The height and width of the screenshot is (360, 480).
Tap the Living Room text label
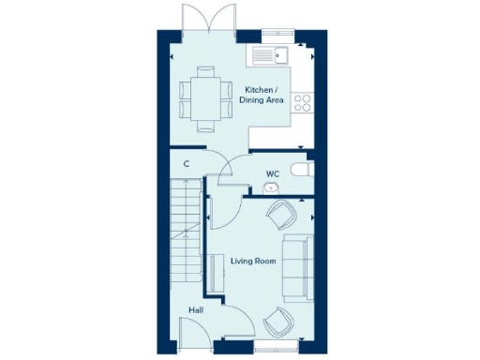(x=253, y=261)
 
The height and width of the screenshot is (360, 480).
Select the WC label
(x=273, y=173)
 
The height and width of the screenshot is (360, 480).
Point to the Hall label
(x=195, y=308)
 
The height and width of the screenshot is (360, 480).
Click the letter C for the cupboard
(x=187, y=164)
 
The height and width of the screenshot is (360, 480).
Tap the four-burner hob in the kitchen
(x=304, y=103)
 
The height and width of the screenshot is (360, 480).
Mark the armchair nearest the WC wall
(x=280, y=217)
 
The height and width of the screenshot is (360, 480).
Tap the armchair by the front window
(x=278, y=322)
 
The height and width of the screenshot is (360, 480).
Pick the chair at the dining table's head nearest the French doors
(x=206, y=71)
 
